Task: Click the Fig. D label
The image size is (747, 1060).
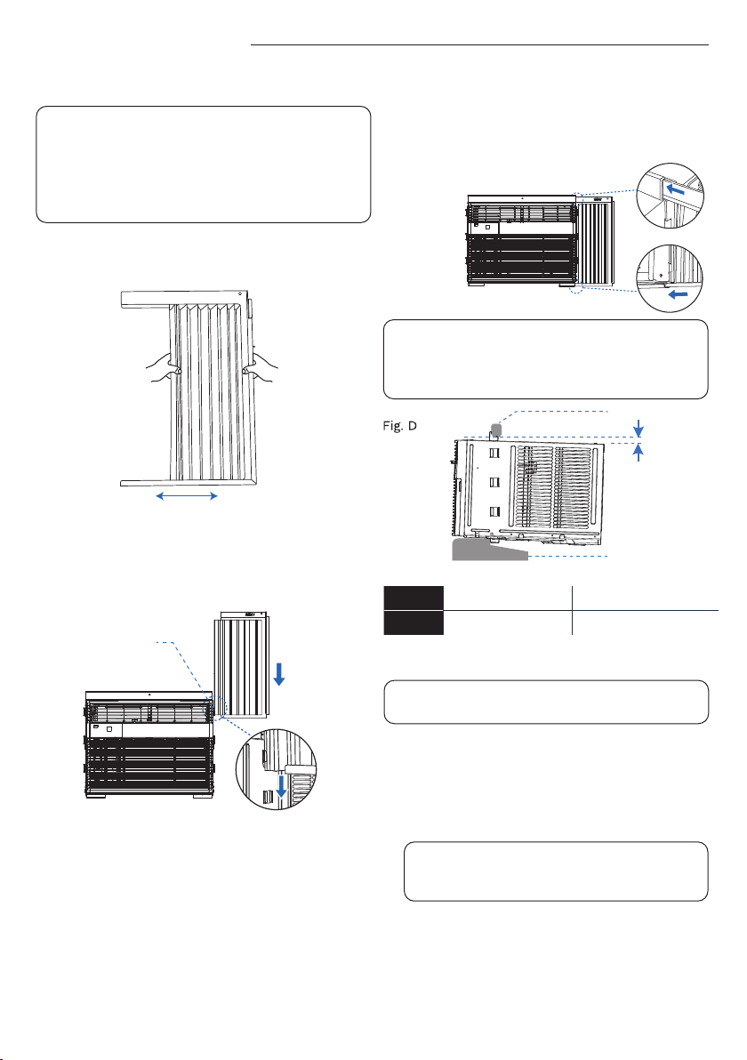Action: (399, 426)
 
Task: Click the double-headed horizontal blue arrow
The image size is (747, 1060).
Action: (187, 496)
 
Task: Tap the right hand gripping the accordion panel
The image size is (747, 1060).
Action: (261, 369)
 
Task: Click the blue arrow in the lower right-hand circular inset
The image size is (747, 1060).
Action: (678, 293)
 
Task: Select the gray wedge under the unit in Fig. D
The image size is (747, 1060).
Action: (489, 549)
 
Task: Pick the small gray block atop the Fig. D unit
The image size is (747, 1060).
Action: (495, 430)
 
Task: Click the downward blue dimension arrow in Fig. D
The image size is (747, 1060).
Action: (639, 429)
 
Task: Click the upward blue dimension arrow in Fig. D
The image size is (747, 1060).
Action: (639, 453)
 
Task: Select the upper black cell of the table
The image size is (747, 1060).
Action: (414, 598)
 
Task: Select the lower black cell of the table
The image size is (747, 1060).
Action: (414, 622)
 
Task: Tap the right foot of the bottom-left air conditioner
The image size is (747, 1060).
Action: (203, 796)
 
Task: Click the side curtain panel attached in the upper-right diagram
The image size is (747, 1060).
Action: (595, 242)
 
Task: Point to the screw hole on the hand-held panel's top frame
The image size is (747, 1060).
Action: (241, 295)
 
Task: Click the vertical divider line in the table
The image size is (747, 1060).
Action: (572, 610)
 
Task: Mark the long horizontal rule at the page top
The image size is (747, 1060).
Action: (479, 45)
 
